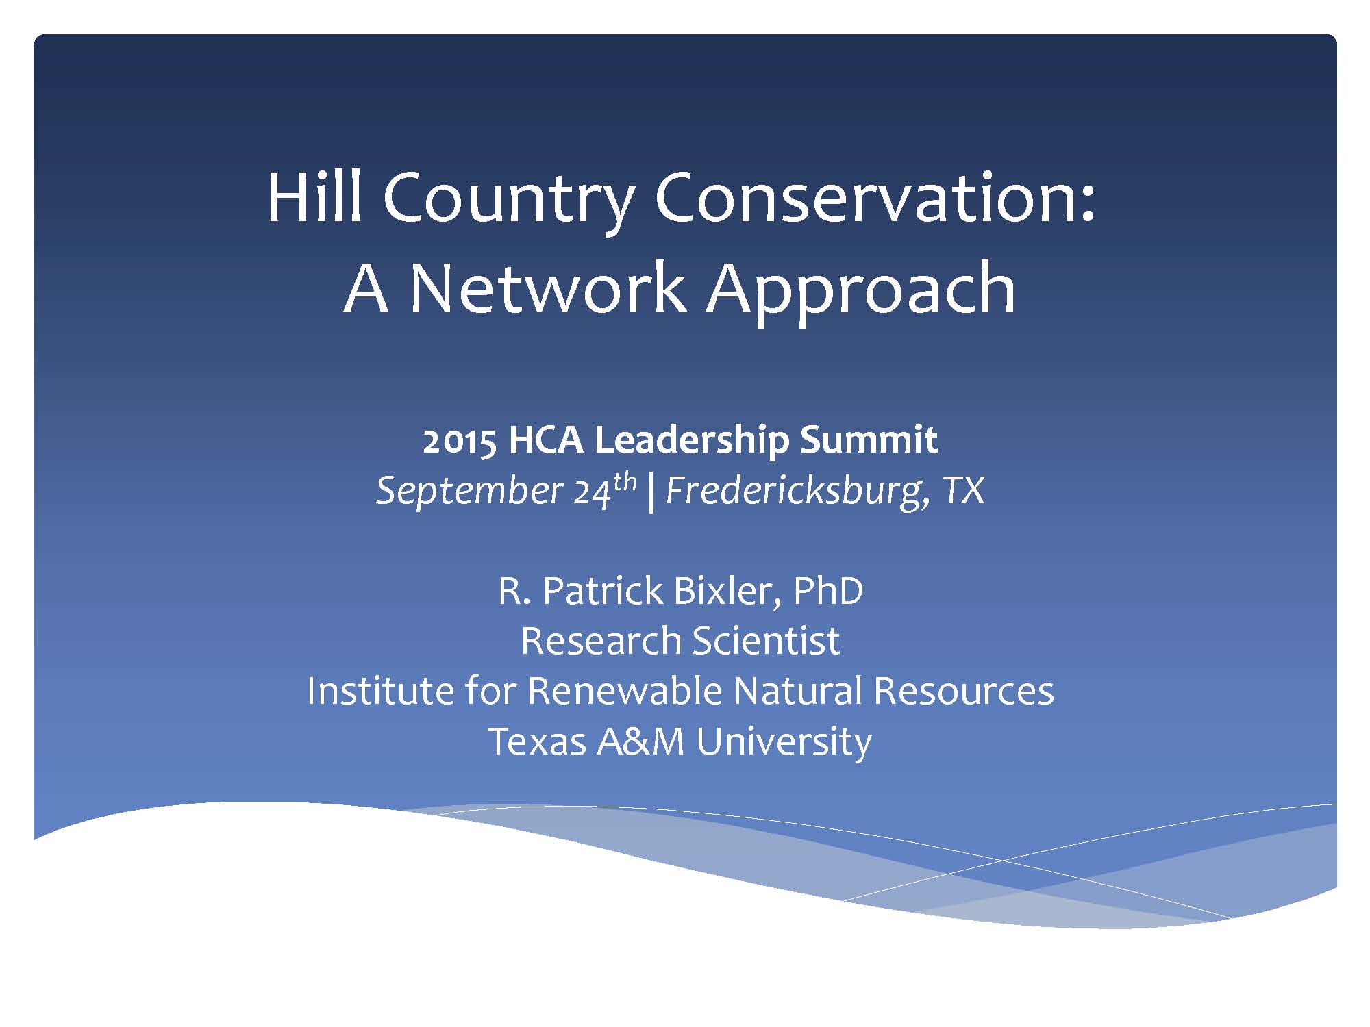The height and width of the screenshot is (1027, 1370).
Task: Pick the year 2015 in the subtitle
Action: click(x=460, y=440)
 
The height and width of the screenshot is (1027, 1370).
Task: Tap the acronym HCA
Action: click(x=546, y=440)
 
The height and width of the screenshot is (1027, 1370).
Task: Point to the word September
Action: click(x=470, y=492)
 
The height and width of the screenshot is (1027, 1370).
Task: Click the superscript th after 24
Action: click(x=625, y=481)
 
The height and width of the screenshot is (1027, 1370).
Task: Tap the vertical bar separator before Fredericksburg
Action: click(x=650, y=492)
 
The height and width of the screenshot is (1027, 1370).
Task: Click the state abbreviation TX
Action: click(x=964, y=491)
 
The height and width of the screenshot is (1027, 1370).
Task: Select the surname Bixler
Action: click(x=730, y=591)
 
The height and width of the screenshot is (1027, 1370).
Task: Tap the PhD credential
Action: click(x=828, y=591)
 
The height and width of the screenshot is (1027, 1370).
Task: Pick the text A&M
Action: click(x=641, y=741)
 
